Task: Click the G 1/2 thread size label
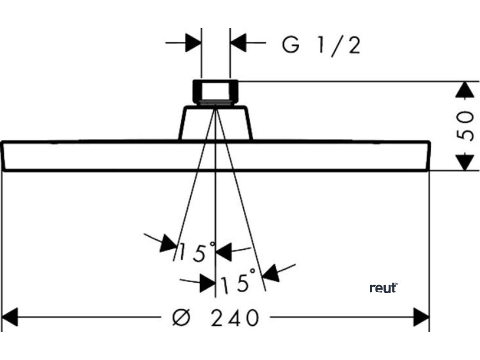tap(321, 45)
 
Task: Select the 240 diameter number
tap(234, 318)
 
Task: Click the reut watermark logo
tap(383, 287)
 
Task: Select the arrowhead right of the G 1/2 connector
tap(239, 43)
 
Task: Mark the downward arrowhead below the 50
tap(465, 162)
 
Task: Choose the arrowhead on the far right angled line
tap(272, 273)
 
